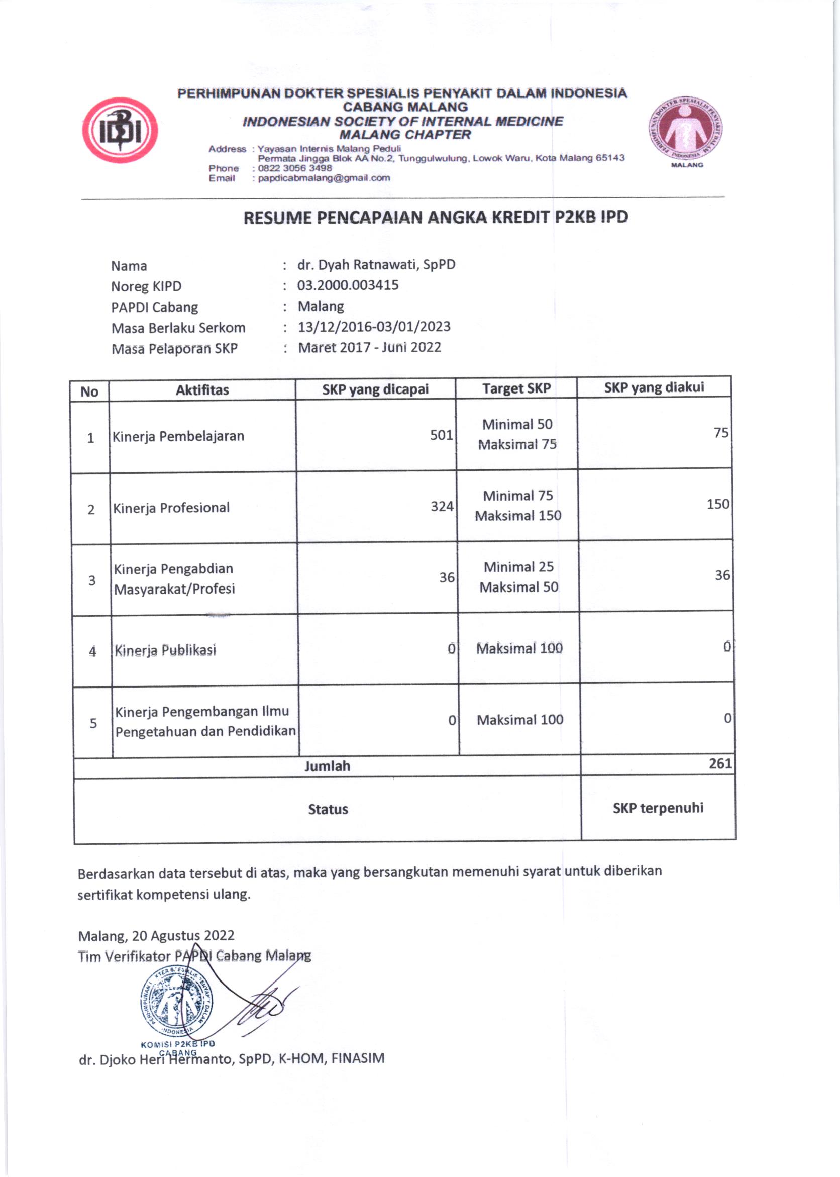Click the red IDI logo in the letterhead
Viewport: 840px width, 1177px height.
pyautogui.click(x=120, y=130)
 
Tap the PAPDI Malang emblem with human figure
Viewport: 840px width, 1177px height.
pyautogui.click(x=685, y=129)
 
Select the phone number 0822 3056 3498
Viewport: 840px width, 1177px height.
pyautogui.click(x=295, y=168)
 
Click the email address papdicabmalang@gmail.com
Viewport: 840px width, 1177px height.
pyautogui.click(x=324, y=178)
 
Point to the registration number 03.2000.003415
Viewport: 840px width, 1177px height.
pyautogui.click(x=348, y=285)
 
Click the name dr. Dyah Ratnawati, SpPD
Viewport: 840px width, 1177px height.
pyautogui.click(x=376, y=265)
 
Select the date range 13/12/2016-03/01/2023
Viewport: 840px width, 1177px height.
pyautogui.click(x=374, y=327)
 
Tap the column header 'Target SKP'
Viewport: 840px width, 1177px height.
pyautogui.click(x=516, y=388)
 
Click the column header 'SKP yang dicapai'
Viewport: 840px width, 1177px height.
pyautogui.click(x=375, y=389)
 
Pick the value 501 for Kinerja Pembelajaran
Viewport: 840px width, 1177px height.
pyautogui.click(x=441, y=435)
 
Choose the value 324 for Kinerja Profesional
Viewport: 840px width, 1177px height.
pyautogui.click(x=442, y=506)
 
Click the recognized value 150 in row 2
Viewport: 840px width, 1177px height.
pyautogui.click(x=718, y=504)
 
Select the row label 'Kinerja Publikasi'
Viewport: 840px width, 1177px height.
pyautogui.click(x=165, y=650)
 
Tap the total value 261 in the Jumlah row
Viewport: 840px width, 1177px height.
pyautogui.click(x=720, y=763)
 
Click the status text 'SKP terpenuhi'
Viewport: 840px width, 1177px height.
pyautogui.click(x=658, y=808)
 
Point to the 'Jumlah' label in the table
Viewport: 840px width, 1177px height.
pyautogui.click(x=327, y=766)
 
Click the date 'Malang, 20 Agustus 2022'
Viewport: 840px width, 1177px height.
pyautogui.click(x=156, y=935)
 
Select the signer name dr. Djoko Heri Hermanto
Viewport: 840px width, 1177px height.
pyautogui.click(x=231, y=1058)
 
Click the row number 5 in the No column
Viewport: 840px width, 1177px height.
pyautogui.click(x=93, y=723)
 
